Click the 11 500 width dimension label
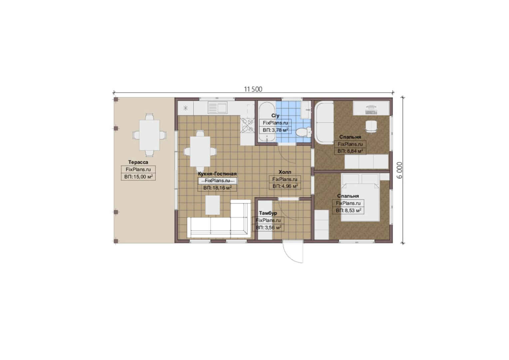click(x=253, y=89)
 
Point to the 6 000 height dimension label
click(x=400, y=170)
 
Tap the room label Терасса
click(x=138, y=162)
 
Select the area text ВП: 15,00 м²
click(x=138, y=177)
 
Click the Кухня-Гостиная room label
click(x=217, y=174)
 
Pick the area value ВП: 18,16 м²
click(x=218, y=188)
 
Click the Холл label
click(x=285, y=172)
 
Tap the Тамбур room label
click(x=268, y=213)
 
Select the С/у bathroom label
click(x=275, y=116)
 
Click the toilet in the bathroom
click(x=303, y=132)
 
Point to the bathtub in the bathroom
click(x=267, y=122)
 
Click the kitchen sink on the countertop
click(x=218, y=107)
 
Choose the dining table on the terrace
click(x=149, y=135)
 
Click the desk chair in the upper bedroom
click(x=371, y=126)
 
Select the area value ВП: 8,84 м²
click(x=350, y=151)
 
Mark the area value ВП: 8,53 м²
click(x=348, y=210)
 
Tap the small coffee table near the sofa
click(x=213, y=205)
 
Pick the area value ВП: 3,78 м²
click(x=275, y=130)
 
